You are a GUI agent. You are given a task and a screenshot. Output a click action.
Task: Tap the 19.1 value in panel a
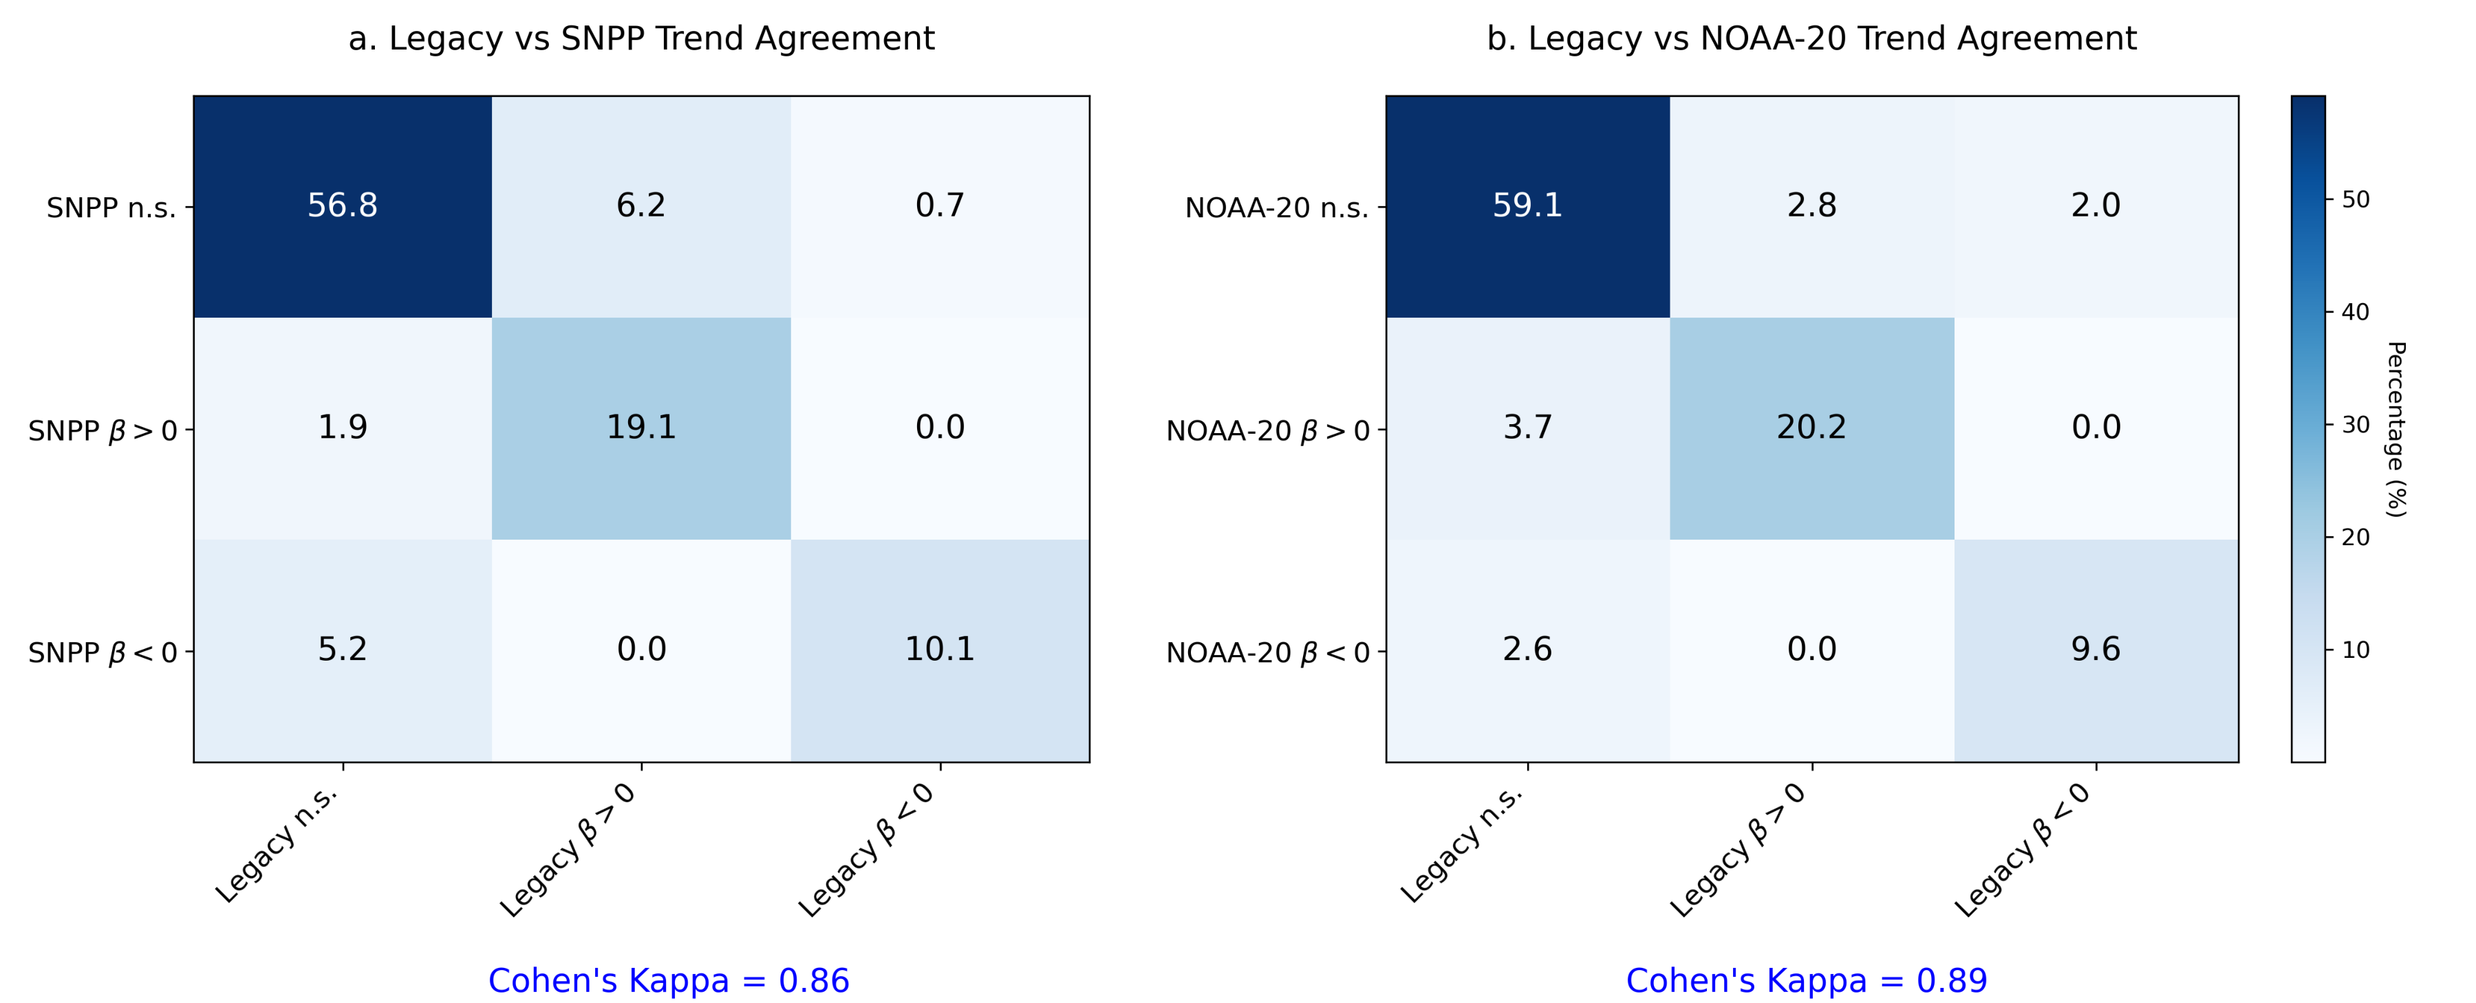(641, 428)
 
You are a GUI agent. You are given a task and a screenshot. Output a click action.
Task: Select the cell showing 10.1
(939, 650)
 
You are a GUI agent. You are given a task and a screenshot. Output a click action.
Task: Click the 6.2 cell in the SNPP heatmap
(641, 206)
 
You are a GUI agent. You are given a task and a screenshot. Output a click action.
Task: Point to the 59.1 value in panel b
(1527, 206)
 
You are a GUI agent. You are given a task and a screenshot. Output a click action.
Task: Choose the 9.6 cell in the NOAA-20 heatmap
(2096, 650)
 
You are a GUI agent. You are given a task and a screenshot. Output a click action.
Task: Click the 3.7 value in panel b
(1527, 428)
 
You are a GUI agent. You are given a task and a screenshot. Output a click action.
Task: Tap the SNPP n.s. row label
(111, 208)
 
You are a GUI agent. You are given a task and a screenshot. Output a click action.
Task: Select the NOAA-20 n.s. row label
(1275, 208)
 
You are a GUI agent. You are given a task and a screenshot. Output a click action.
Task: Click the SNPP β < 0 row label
(103, 653)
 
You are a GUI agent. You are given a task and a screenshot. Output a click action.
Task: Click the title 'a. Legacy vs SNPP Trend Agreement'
(641, 38)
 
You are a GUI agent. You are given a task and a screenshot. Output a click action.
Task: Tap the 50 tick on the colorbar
(2355, 200)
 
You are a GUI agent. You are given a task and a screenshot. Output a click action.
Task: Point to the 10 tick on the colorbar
(2355, 650)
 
